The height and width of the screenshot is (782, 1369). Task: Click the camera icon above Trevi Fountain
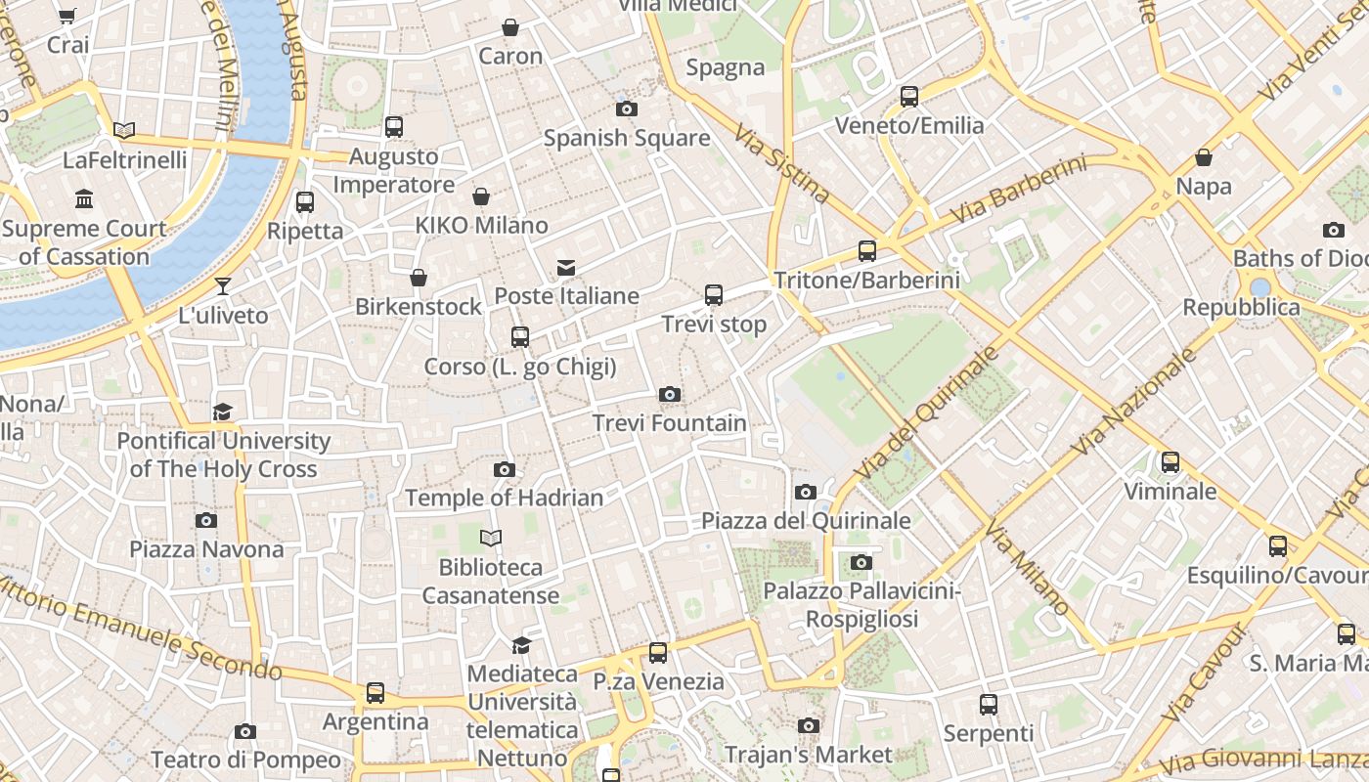(670, 395)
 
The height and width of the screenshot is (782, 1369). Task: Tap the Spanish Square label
(627, 138)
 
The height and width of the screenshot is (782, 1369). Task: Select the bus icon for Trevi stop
(714, 295)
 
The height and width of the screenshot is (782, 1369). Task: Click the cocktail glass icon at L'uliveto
(223, 286)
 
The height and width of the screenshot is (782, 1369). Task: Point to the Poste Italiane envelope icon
(565, 268)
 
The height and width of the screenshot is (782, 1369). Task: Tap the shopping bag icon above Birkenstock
(419, 278)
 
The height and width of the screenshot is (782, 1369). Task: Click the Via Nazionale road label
(1134, 403)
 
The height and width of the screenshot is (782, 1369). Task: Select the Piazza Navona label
(206, 549)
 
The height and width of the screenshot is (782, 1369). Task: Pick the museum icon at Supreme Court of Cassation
(84, 199)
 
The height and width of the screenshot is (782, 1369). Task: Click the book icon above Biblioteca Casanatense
(491, 538)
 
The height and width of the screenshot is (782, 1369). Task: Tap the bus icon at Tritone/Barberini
(866, 251)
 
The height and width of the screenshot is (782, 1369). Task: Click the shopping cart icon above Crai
(66, 16)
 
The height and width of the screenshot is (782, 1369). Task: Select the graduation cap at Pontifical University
(223, 413)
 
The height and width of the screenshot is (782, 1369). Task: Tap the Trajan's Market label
(808, 755)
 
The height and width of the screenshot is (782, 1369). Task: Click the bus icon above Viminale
(1170, 462)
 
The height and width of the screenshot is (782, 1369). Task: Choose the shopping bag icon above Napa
(1204, 157)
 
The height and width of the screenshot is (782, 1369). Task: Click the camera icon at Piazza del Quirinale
(806, 492)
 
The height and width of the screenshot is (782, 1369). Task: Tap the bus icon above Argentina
(375, 693)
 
